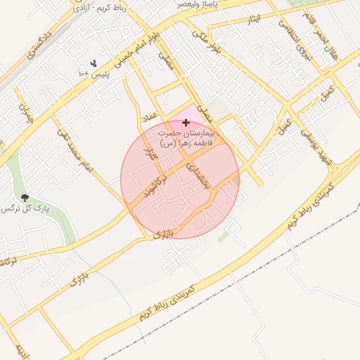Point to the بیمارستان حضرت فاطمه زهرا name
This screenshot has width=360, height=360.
[186, 138]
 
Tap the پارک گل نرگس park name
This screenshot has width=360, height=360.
[18, 209]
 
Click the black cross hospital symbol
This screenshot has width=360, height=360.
[186, 122]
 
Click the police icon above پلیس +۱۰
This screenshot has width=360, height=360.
[94, 63]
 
